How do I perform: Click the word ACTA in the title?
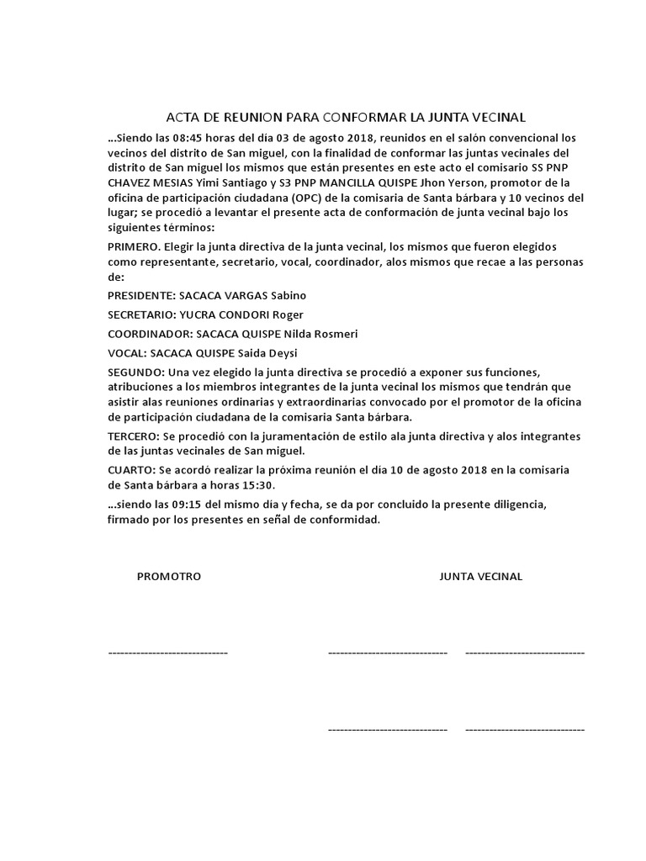pos(182,117)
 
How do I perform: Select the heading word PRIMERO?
pos(134,246)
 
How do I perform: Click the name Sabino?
pos(288,295)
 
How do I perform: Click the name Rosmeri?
pos(310,334)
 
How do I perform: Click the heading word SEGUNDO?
pos(137,372)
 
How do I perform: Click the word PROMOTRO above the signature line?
pos(169,577)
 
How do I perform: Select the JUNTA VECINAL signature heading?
pos(481,577)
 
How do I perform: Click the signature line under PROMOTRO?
pos(167,652)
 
